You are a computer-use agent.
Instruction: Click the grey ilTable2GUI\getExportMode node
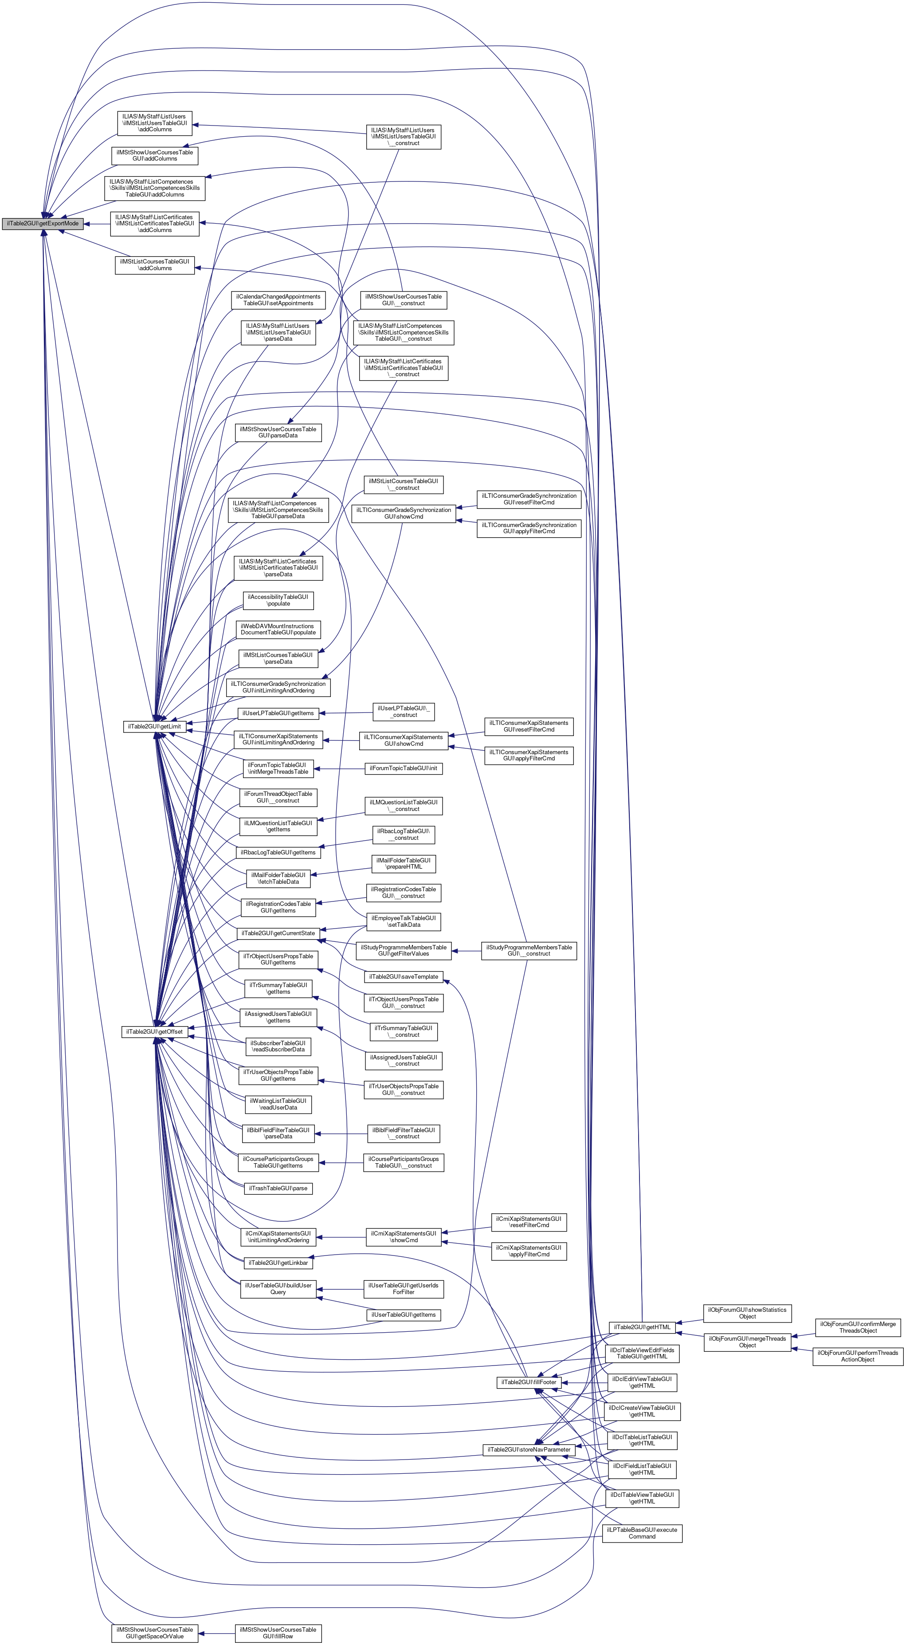pos(42,224)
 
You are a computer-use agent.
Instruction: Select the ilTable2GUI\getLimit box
pos(154,726)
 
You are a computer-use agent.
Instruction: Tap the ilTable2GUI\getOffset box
pos(154,1031)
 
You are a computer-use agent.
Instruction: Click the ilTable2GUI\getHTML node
pos(642,1327)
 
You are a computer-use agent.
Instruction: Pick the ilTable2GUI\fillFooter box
pos(529,1382)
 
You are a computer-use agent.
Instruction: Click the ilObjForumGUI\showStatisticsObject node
pos(747,1313)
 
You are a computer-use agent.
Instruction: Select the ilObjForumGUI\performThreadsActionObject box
pos(858,1356)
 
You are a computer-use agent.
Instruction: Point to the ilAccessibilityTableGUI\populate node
pos(278,600)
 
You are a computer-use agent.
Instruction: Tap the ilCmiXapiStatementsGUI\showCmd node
pos(404,1237)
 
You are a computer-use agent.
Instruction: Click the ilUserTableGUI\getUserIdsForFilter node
pos(404,1289)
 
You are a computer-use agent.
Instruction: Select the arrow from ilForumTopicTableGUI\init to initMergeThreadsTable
pos(338,768)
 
